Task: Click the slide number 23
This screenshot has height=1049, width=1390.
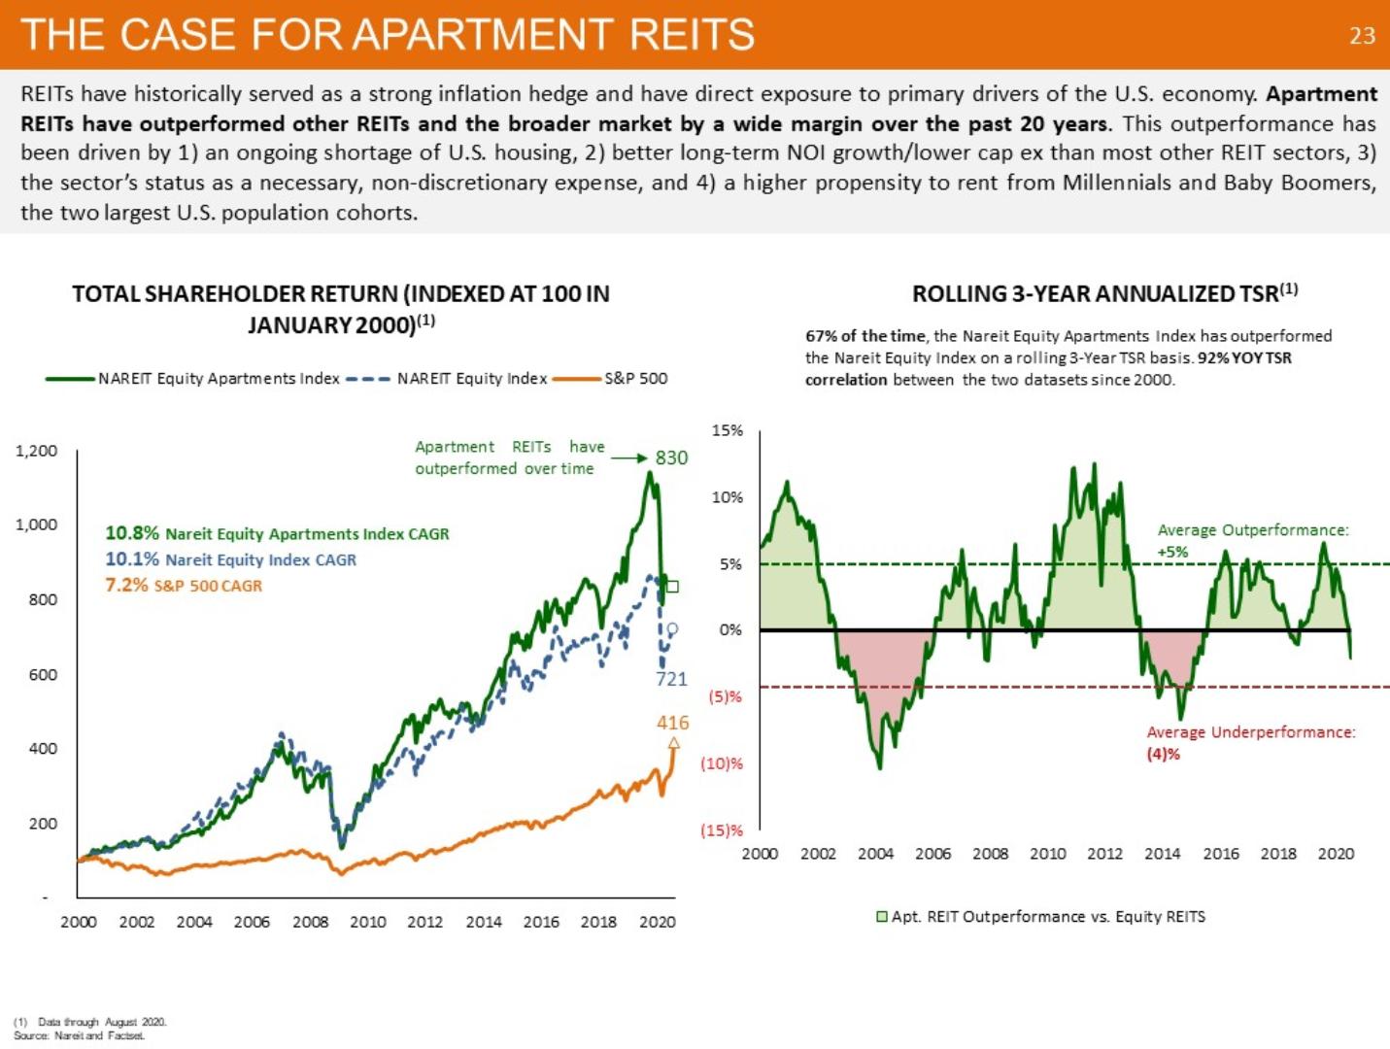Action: [1362, 36]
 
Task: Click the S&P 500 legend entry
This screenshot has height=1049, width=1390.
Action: [635, 379]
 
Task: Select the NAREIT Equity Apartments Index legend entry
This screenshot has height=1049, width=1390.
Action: [219, 379]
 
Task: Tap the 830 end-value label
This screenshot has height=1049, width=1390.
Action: [671, 457]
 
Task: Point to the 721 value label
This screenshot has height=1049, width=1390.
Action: [671, 679]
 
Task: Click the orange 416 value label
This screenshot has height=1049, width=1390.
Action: [672, 723]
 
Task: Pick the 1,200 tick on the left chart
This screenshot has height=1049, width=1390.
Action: [37, 451]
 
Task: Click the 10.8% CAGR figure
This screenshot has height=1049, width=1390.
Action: [132, 533]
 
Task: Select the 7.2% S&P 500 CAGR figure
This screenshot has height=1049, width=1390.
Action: [126, 585]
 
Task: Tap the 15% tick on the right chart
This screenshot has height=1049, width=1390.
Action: [728, 430]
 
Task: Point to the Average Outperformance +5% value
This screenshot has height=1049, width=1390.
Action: [1172, 552]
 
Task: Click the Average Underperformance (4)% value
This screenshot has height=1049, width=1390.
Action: [1164, 754]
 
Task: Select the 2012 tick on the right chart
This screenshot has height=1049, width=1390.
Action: [1104, 854]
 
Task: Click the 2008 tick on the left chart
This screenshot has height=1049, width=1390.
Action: [310, 922]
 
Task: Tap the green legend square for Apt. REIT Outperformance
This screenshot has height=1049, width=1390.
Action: [882, 917]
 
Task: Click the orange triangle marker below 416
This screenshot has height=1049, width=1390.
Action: [673, 744]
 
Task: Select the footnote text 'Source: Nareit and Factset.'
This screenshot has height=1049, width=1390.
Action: [80, 1035]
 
